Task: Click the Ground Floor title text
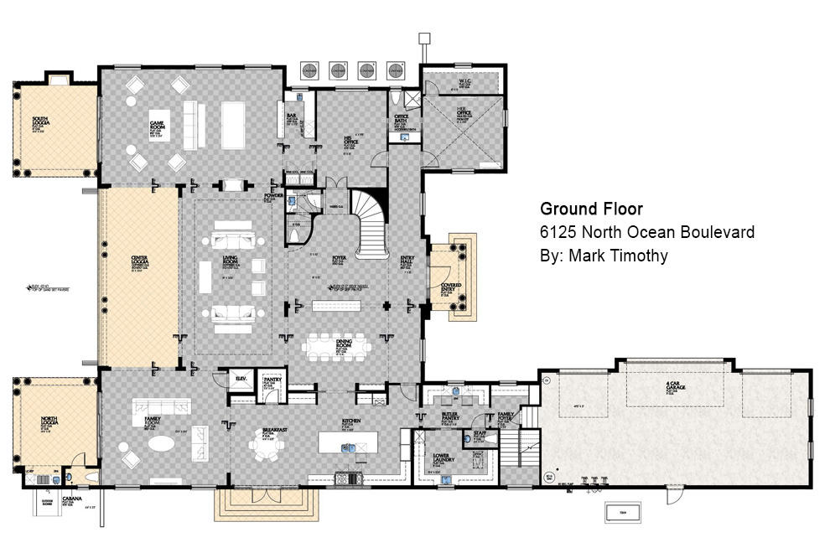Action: (x=591, y=209)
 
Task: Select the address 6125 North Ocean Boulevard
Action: (x=647, y=232)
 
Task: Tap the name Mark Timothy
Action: (x=604, y=256)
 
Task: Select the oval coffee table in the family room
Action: (x=163, y=442)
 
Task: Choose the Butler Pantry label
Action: (x=449, y=416)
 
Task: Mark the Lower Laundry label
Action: (x=443, y=458)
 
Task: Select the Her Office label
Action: (x=463, y=114)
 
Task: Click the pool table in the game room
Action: (x=232, y=118)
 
